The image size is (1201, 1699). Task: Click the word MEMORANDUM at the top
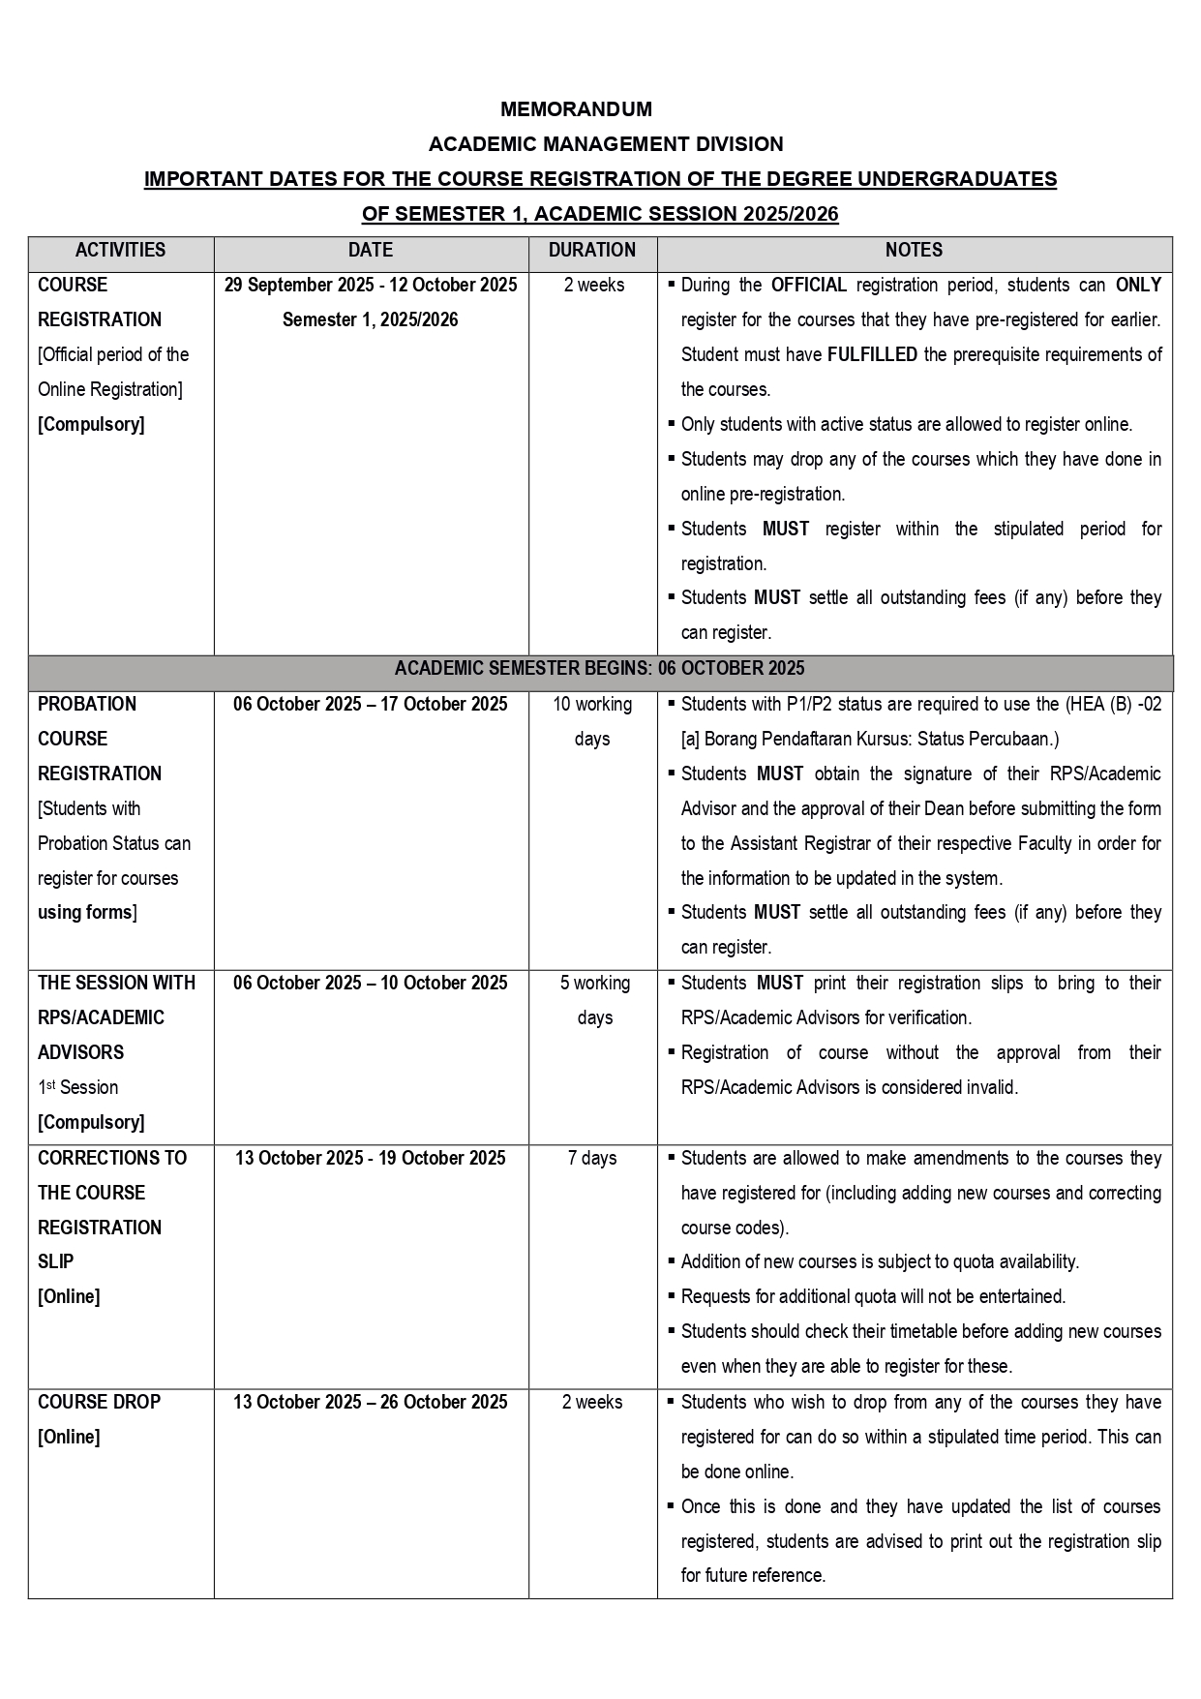(576, 109)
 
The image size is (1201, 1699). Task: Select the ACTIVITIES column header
(120, 250)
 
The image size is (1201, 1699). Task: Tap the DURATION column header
(591, 250)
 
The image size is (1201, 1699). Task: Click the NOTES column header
(914, 250)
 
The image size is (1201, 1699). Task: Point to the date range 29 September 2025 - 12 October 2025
(371, 285)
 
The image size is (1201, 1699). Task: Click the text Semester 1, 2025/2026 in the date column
(371, 319)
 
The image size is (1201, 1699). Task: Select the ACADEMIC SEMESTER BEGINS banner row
(599, 669)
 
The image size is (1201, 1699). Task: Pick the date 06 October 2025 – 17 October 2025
(371, 704)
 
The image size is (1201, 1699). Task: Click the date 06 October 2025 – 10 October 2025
(371, 983)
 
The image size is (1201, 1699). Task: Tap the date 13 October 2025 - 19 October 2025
(371, 1158)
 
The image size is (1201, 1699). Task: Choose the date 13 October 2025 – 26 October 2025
(371, 1402)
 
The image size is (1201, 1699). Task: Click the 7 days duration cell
(592, 1158)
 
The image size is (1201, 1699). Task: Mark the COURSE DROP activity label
(99, 1402)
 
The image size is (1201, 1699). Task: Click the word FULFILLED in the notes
(872, 354)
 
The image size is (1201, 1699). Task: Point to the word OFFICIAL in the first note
(808, 285)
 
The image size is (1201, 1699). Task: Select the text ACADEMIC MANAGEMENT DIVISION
(606, 144)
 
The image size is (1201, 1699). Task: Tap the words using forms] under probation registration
(87, 912)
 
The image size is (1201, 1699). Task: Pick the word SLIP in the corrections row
(55, 1261)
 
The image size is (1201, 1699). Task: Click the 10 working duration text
(592, 704)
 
